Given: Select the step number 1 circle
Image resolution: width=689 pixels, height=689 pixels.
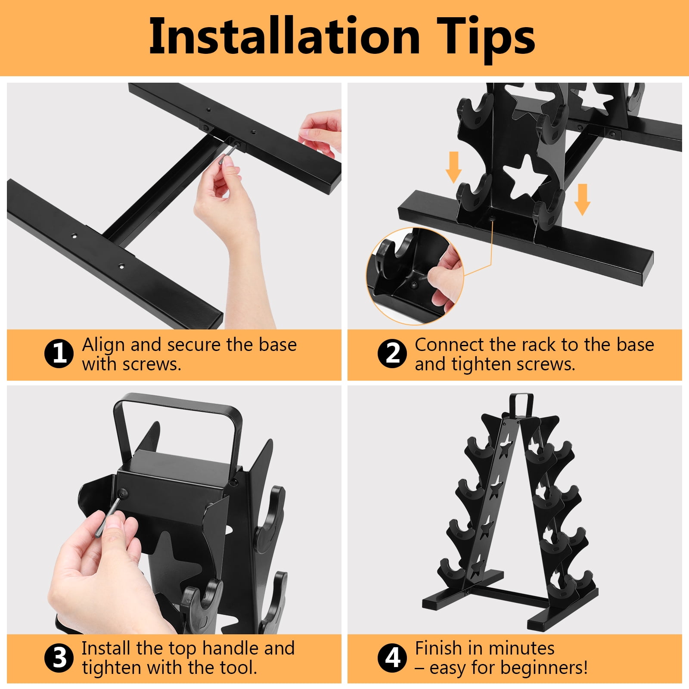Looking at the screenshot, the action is pyautogui.click(x=59, y=354).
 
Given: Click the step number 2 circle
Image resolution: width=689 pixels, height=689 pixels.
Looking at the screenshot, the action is pyautogui.click(x=392, y=354).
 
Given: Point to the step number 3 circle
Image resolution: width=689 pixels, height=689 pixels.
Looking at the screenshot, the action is pyautogui.click(x=59, y=658).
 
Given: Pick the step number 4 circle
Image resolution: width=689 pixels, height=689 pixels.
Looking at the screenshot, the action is pyautogui.click(x=392, y=658).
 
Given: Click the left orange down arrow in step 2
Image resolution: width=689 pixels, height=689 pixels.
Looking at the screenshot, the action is pyautogui.click(x=453, y=167).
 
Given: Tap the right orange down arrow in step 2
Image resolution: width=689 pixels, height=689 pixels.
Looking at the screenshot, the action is pyautogui.click(x=582, y=199).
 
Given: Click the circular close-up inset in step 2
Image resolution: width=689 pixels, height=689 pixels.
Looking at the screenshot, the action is pyautogui.click(x=415, y=276).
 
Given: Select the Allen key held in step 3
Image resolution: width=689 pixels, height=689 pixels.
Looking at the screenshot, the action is pyautogui.click(x=108, y=515).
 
